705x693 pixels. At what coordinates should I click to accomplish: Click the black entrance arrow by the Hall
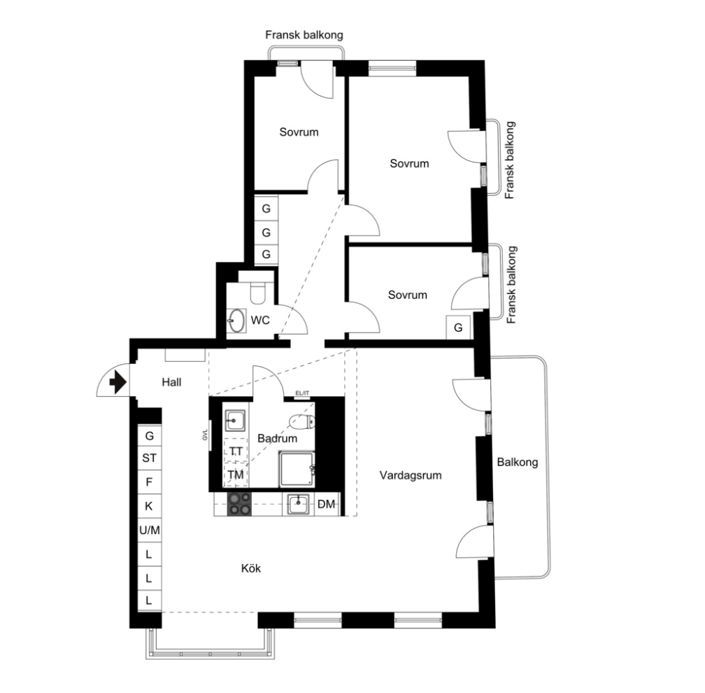pos(117,382)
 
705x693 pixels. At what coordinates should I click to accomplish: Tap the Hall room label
pos(171,382)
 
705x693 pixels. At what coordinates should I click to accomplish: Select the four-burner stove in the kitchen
pos(239,504)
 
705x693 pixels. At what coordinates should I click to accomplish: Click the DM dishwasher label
pos(326,504)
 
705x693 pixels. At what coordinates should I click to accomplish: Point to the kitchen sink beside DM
pos(298,503)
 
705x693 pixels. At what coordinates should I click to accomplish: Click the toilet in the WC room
pos(257,293)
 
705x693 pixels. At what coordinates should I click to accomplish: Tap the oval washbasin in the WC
pos(236,321)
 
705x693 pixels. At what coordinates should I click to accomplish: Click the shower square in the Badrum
pos(297,470)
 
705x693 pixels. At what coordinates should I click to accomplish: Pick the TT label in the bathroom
pos(236,451)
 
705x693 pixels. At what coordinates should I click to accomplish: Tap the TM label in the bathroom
pos(236,475)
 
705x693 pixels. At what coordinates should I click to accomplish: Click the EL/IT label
pos(302,393)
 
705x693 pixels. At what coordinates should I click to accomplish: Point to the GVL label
pos(206,434)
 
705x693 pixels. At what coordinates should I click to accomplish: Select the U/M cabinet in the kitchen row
pos(149,530)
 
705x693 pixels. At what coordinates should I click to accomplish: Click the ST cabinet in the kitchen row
pos(149,458)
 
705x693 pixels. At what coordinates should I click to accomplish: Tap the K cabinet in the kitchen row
pos(149,506)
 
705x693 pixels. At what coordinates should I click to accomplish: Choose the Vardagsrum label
pos(410,475)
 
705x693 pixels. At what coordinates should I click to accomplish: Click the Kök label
pos(251,568)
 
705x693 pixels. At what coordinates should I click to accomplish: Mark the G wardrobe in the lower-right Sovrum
pos(457,328)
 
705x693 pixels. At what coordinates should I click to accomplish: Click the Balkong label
pos(517,463)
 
